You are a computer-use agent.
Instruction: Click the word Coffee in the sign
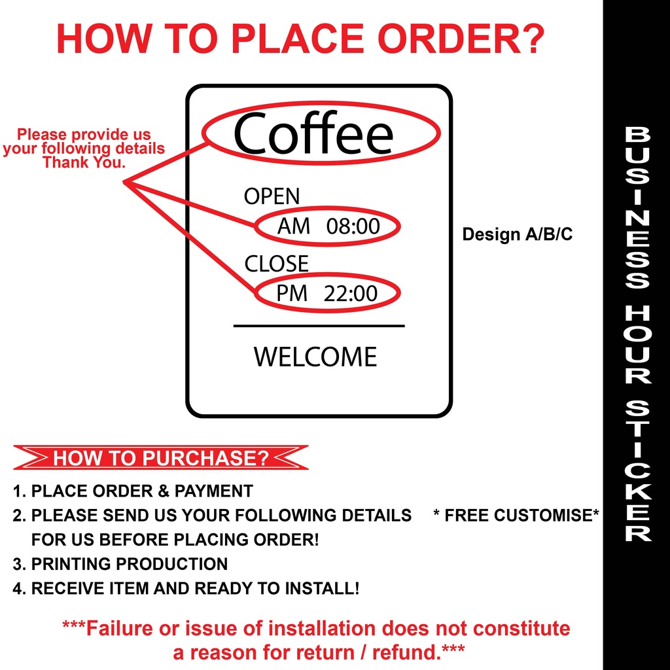point(313,133)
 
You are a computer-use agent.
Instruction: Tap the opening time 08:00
point(353,226)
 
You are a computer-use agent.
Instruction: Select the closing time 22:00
point(351,294)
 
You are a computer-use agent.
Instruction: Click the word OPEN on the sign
point(272,196)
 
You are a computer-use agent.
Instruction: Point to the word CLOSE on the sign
point(276,264)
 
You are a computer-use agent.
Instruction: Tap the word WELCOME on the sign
point(315,357)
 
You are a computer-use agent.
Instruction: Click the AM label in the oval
point(294,226)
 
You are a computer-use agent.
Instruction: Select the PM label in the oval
point(292,294)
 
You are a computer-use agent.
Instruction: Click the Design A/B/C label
point(517,234)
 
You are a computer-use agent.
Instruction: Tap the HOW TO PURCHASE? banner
point(161,457)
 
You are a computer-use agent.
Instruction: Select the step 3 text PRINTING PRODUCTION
point(130,563)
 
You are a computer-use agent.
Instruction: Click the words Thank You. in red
point(84,162)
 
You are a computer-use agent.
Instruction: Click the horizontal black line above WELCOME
point(319,325)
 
